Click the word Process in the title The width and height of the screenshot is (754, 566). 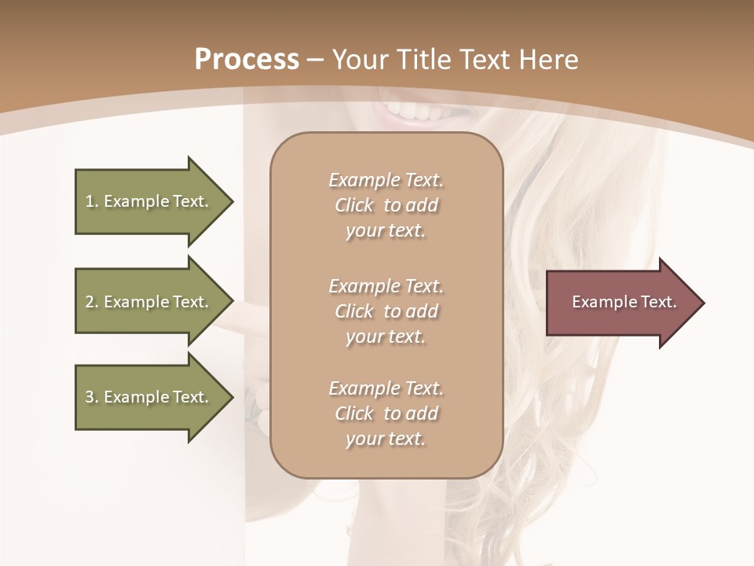pyautogui.click(x=247, y=60)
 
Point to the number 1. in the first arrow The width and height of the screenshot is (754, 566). pyautogui.click(x=92, y=202)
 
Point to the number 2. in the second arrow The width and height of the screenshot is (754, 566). pyautogui.click(x=92, y=302)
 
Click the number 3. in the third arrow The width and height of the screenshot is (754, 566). pyautogui.click(x=92, y=397)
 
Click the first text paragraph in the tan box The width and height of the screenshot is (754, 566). pyautogui.click(x=386, y=205)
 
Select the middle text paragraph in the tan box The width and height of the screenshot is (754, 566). pyautogui.click(x=386, y=311)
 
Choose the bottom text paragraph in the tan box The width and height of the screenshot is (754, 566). pyautogui.click(x=386, y=413)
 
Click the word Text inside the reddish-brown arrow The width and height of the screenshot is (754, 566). pyautogui.click(x=659, y=302)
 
